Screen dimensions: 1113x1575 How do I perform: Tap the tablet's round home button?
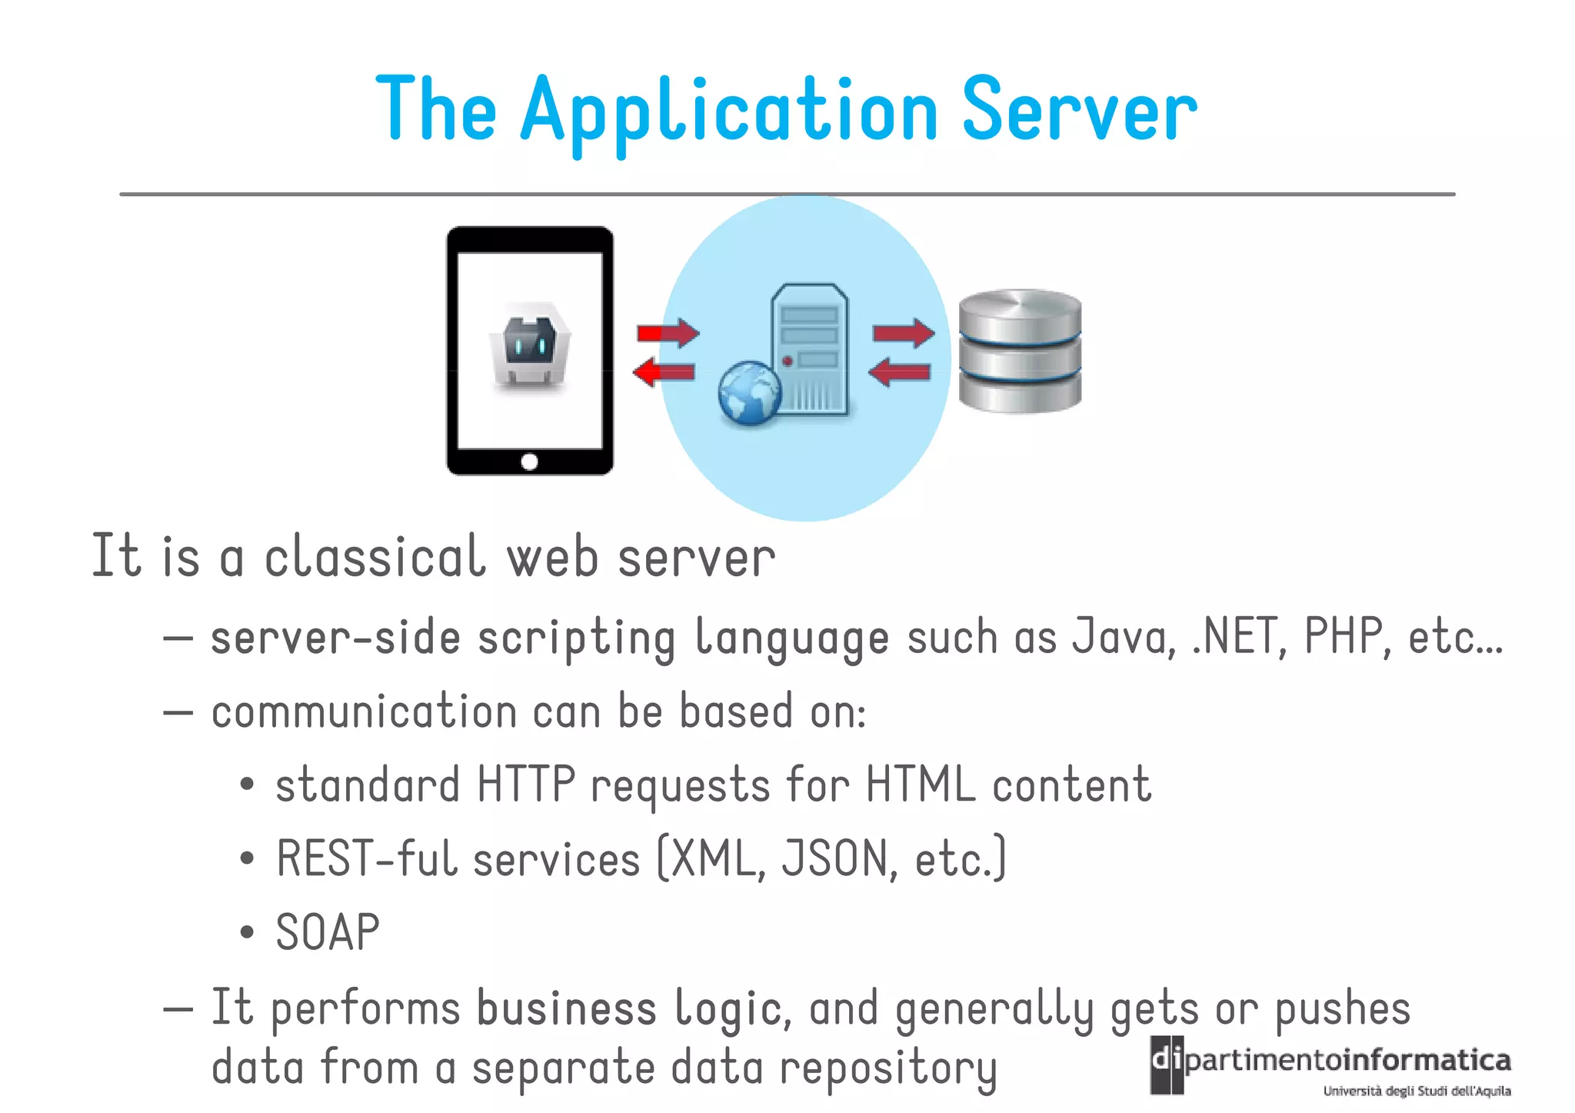click(529, 462)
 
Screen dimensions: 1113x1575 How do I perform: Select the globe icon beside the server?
click(749, 393)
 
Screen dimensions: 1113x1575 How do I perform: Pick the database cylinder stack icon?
click(1020, 351)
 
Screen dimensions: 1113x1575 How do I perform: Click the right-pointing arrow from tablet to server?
click(668, 333)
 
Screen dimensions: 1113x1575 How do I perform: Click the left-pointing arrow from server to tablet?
click(664, 372)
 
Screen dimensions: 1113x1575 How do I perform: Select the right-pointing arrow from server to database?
click(904, 333)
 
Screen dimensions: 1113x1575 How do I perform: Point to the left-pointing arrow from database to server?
click(899, 372)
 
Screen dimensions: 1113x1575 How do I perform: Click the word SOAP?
click(328, 932)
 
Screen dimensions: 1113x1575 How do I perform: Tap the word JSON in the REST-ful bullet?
click(835, 858)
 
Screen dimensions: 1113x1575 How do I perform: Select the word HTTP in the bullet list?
click(526, 785)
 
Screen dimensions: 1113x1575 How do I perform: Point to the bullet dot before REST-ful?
click(247, 858)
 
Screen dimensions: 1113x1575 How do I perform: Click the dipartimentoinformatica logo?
click(1330, 1065)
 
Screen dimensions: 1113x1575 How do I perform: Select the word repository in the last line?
click(888, 1069)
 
